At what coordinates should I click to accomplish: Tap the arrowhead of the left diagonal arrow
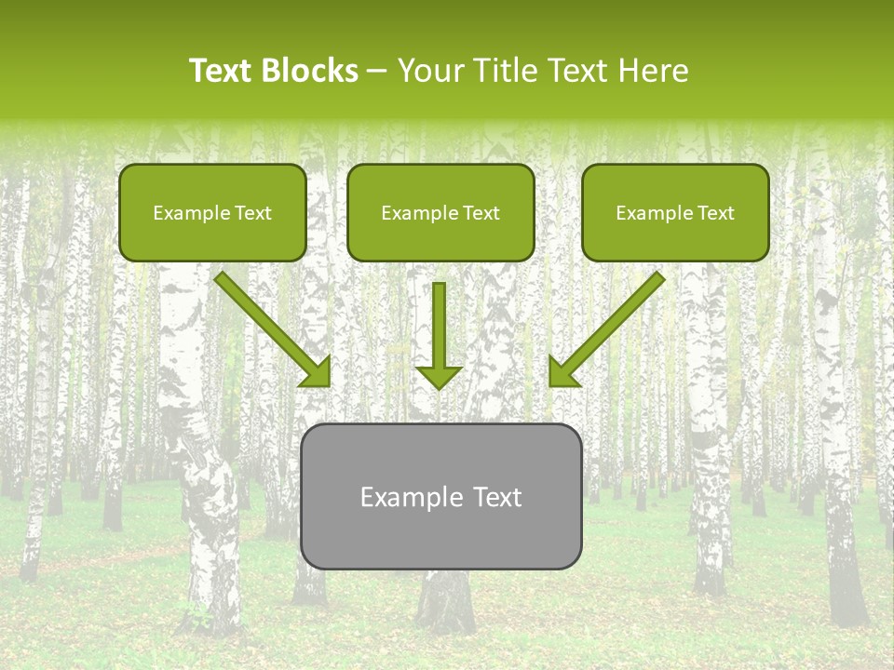coord(318,373)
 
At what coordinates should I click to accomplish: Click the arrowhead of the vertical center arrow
coord(439,377)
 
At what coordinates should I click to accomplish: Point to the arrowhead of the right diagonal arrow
coord(562,373)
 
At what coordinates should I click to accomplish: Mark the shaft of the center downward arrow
coord(439,321)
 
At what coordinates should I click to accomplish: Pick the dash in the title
coord(377,71)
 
